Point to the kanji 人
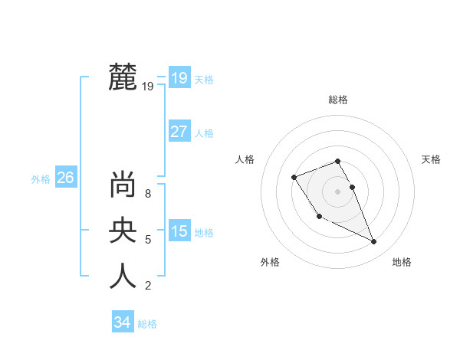click(x=123, y=275)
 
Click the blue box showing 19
click(x=179, y=77)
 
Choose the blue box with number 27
click(x=179, y=131)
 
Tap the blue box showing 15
click(x=179, y=231)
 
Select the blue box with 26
click(x=65, y=178)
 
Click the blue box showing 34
click(x=122, y=322)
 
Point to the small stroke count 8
click(x=148, y=194)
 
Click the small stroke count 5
click(x=148, y=240)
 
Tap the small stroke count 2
click(x=148, y=286)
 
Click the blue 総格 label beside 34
click(x=147, y=324)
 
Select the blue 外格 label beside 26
click(x=41, y=179)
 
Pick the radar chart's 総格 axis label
click(x=338, y=100)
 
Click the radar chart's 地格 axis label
click(x=402, y=262)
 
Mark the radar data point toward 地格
click(x=374, y=242)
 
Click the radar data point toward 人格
click(x=294, y=178)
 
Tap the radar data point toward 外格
click(x=319, y=217)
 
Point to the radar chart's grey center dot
click(x=337, y=191)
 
